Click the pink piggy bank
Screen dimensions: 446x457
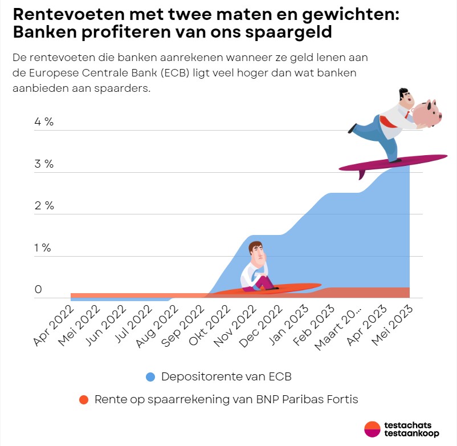click(x=427, y=112)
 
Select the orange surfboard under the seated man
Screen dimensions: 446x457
click(x=268, y=289)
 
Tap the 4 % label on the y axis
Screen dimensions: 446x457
click(x=43, y=122)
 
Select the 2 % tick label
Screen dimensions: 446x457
click(x=44, y=206)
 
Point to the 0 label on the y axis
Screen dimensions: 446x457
click(x=38, y=290)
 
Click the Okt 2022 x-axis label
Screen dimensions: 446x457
click(x=210, y=325)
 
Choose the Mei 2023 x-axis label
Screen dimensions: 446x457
click(x=393, y=325)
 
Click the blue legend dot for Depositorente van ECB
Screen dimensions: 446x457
click(x=150, y=376)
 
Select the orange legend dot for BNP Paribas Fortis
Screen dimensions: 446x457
click(x=84, y=400)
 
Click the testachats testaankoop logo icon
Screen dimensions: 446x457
click(x=372, y=429)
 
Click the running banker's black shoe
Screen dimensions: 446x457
click(x=353, y=128)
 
